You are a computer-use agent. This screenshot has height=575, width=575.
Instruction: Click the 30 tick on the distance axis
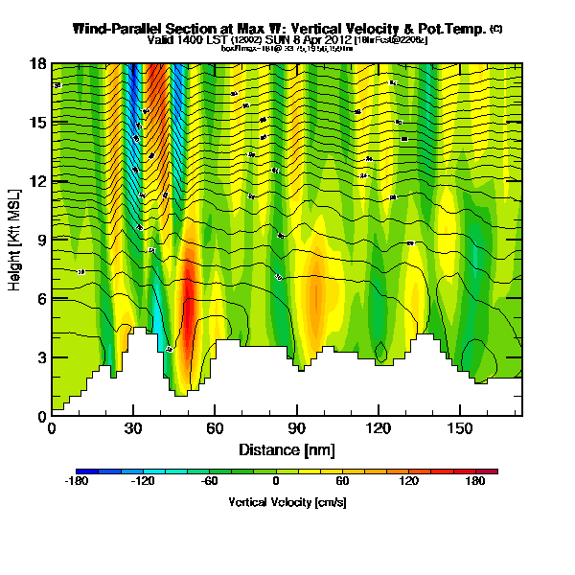[133, 428]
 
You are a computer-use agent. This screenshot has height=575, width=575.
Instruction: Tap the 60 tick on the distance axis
[216, 428]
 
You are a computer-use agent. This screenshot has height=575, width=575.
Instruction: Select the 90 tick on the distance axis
[297, 428]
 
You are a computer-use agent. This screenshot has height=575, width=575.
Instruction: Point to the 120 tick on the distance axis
[379, 428]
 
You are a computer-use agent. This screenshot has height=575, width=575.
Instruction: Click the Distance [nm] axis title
[287, 449]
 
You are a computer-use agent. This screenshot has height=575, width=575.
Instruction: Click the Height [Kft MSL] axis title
[16, 239]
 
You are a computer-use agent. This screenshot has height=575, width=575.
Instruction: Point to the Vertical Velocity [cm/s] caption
[287, 502]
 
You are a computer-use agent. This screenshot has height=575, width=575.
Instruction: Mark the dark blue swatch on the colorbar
[84, 471]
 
